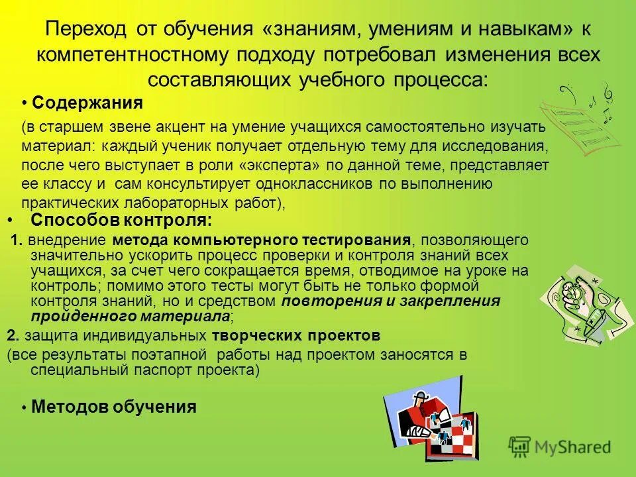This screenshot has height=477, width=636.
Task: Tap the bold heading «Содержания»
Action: pyautogui.click(x=87, y=103)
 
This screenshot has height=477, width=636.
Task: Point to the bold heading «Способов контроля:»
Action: pyautogui.click(x=122, y=220)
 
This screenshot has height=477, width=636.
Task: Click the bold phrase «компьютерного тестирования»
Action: pyautogui.click(x=291, y=239)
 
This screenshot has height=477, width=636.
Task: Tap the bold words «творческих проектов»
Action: pyautogui.click(x=296, y=334)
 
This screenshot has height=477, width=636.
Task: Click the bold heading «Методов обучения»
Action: pyautogui.click(x=113, y=406)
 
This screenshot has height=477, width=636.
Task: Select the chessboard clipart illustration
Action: pyautogui.click(x=433, y=417)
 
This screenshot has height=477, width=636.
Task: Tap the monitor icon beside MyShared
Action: pyautogui.click(x=521, y=447)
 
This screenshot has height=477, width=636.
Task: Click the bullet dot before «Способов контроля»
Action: pyautogui.click(x=9, y=219)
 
